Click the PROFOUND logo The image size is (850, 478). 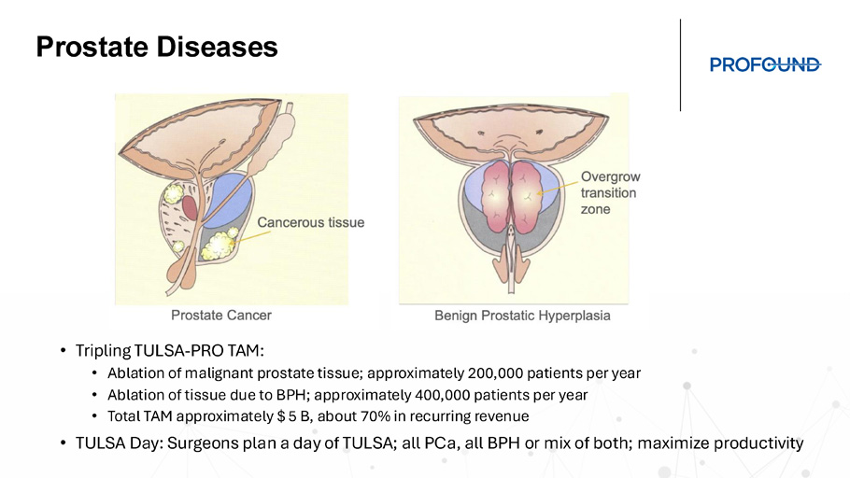coord(765,64)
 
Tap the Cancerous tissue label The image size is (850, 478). coord(311,222)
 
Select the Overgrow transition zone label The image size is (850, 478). coord(610,193)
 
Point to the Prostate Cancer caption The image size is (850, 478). coord(221,316)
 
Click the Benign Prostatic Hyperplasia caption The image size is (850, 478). coord(522,316)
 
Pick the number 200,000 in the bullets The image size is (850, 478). coord(495,373)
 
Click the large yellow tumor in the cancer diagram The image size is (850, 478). coord(218,245)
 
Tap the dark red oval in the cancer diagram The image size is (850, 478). coord(190,207)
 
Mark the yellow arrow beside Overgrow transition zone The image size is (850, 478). coord(558,188)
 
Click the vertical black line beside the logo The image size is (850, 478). coord(680,65)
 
